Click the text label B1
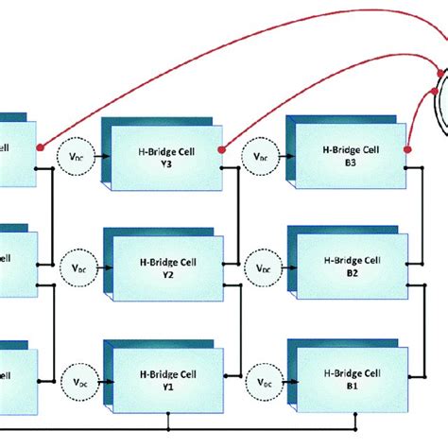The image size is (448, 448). [x=351, y=388]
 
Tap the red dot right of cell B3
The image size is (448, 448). [x=407, y=148]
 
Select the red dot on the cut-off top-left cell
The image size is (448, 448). [x=39, y=148]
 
